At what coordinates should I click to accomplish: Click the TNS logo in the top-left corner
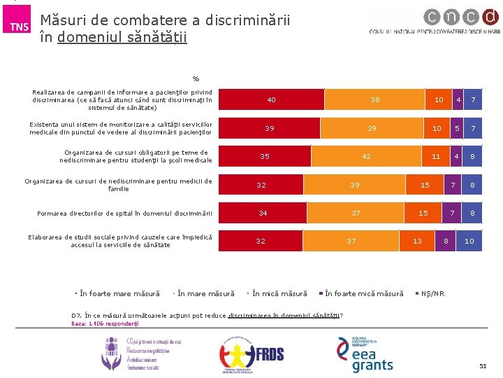point(19,26)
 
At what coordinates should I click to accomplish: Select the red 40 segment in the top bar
point(272,100)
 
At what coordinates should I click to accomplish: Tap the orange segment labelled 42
point(366,157)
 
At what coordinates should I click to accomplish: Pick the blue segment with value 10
point(469,241)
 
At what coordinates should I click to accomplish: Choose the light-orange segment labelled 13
point(417,241)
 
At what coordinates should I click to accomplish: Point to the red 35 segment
point(265,157)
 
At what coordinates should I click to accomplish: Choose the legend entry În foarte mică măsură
point(364,293)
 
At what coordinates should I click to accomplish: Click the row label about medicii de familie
point(119,185)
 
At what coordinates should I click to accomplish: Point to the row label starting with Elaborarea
point(120,240)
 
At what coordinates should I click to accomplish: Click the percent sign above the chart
point(196,78)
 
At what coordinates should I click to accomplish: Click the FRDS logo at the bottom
point(252,353)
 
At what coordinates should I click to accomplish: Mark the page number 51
point(482,367)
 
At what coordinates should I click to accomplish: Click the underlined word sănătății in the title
point(159,36)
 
